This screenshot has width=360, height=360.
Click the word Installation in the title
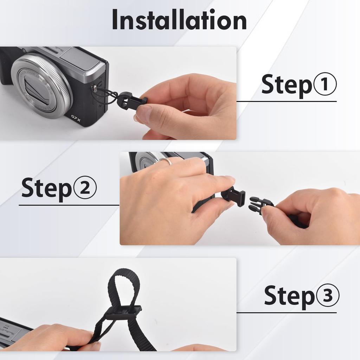pos(179,20)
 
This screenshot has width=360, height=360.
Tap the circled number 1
pos(324,84)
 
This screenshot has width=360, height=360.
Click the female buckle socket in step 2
pos(234,196)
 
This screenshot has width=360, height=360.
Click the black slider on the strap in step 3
pos(124,312)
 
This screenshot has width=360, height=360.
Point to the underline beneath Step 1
pos(286,102)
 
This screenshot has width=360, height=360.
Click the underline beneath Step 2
pos(69,205)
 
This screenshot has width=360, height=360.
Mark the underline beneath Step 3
pos(286,312)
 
